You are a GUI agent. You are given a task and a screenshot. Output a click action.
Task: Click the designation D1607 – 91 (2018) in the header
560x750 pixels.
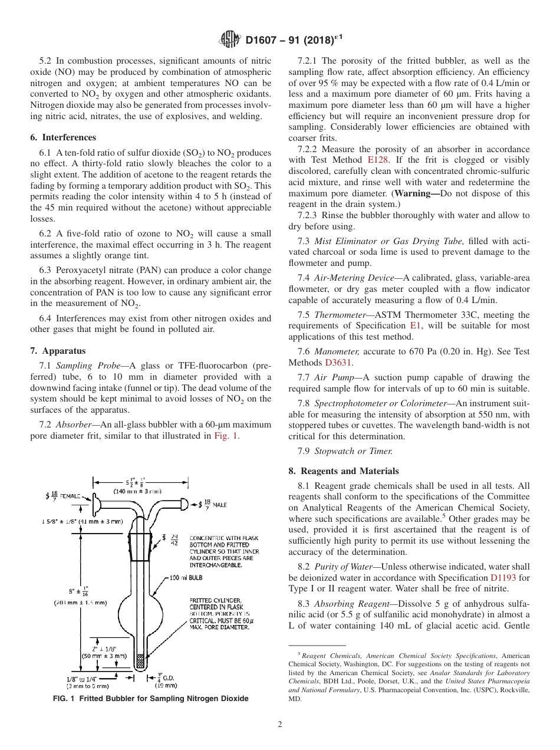[293, 40]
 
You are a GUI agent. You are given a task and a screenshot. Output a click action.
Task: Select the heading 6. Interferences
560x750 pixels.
[63, 137]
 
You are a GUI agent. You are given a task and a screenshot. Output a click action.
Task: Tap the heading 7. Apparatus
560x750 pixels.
[58, 351]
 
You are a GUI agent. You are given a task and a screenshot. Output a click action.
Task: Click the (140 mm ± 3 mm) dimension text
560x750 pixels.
[138, 491]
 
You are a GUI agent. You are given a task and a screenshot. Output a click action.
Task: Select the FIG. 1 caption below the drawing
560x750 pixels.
[151, 699]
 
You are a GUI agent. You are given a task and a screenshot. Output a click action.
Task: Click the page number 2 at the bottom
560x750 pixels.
[279, 725]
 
